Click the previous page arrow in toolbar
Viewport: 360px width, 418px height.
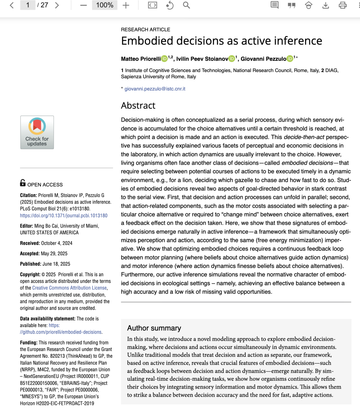12,5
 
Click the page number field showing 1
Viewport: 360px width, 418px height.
28,5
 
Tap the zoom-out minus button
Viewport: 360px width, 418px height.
83,5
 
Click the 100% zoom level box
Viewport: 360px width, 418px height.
105,5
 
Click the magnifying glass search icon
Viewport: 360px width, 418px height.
186,5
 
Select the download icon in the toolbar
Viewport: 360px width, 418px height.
326,5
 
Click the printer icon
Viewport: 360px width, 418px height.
343,5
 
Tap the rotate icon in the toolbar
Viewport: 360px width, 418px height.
170,5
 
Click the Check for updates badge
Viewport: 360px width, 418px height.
37,132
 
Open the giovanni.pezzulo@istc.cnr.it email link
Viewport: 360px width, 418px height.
155,89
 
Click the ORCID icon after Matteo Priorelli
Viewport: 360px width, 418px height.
164,59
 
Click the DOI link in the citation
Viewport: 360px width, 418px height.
64,216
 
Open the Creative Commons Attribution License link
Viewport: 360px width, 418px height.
69,288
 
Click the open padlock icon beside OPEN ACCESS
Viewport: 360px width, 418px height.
23,183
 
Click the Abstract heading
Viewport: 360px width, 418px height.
138,106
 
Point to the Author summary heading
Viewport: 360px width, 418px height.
154,328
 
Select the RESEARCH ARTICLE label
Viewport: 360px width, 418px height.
146,30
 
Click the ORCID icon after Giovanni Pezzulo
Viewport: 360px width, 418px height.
290,59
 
